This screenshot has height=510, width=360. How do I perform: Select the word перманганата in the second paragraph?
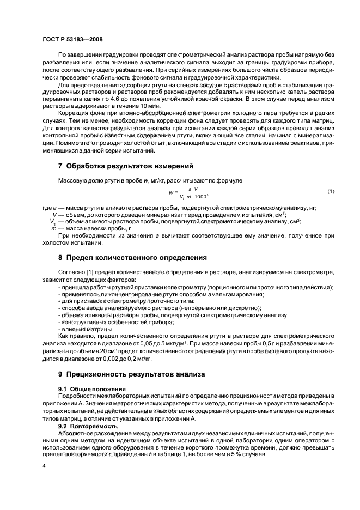(x=57, y=98)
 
